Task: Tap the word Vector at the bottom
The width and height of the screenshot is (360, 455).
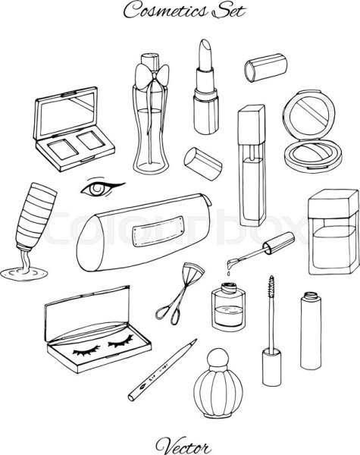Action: point(183,445)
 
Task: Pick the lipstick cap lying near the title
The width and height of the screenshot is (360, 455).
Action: point(266,67)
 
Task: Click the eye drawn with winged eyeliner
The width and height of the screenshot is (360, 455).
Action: point(102,188)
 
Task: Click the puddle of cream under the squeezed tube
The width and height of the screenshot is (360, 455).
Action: point(23,274)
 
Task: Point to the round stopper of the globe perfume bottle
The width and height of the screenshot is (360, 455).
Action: point(218,357)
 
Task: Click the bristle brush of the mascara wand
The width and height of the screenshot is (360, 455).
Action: point(271,287)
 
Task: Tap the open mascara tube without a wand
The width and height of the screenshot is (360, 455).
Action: point(311,331)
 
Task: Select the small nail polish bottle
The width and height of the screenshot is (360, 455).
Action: point(228,306)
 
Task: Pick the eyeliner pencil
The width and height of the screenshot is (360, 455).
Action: point(162,370)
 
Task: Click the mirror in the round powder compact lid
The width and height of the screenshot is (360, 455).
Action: point(309,114)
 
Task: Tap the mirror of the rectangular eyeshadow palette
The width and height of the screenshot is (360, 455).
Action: point(67,114)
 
